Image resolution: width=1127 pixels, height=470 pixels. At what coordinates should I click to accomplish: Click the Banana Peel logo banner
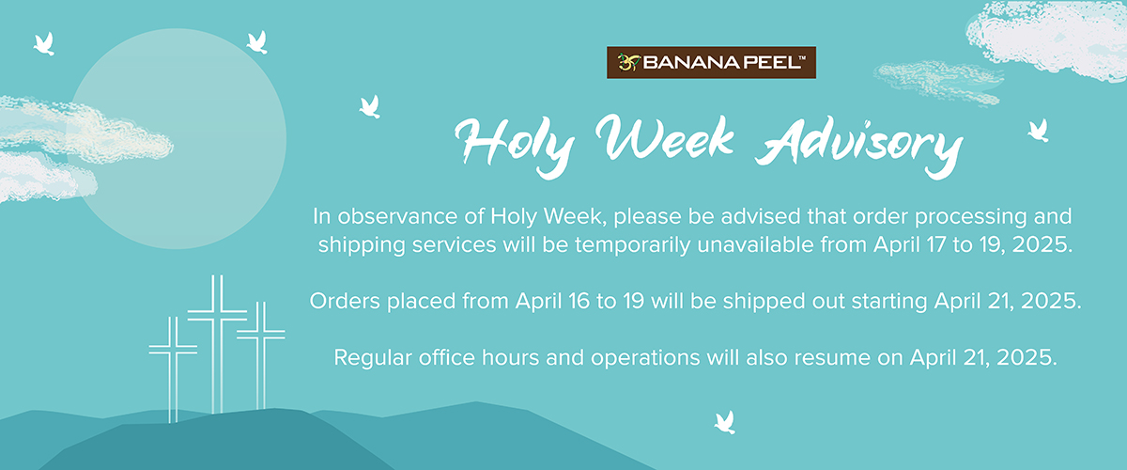pyautogui.click(x=711, y=62)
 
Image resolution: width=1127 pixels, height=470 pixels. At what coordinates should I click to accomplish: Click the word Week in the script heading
pyautogui.click(x=665, y=137)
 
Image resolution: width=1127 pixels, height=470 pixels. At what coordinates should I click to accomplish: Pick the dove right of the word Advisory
pyautogui.click(x=1039, y=131)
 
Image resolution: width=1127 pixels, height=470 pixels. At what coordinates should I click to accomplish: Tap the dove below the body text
pyautogui.click(x=725, y=422)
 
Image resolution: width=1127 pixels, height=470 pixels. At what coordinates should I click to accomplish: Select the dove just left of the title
pyautogui.click(x=370, y=107)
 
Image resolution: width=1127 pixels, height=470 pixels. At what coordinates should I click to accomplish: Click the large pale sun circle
pyautogui.click(x=177, y=138)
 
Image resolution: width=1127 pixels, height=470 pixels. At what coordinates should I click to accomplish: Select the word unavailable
pyautogui.click(x=756, y=244)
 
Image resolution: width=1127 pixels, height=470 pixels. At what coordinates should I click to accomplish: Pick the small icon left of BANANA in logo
pyautogui.click(x=629, y=62)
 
